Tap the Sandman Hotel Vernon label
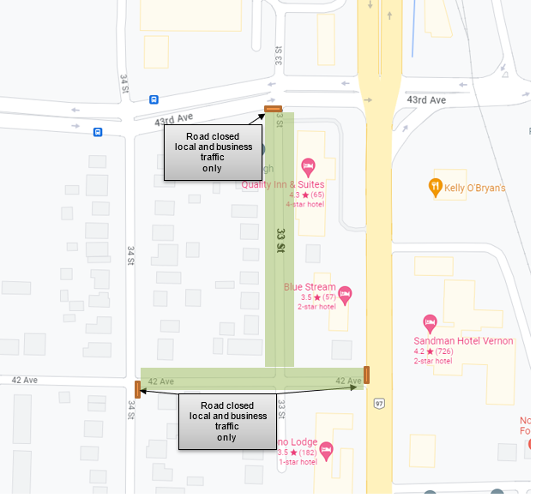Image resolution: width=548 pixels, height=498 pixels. [x=463, y=340]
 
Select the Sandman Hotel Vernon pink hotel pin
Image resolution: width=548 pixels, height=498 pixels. [x=431, y=323]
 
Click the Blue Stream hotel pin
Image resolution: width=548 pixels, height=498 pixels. [x=345, y=294]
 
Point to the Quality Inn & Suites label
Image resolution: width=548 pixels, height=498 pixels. [x=282, y=184]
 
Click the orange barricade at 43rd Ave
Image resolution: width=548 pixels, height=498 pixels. [x=273, y=109]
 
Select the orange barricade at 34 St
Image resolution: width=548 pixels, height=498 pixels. [x=137, y=389]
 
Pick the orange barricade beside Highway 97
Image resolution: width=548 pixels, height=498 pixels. [x=366, y=374]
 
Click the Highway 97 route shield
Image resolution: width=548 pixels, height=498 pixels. [x=379, y=403]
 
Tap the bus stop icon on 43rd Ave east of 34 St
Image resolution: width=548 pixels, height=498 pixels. [x=154, y=99]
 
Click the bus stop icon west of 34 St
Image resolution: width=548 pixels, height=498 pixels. [x=98, y=132]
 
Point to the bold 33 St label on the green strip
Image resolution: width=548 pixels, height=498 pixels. [x=280, y=240]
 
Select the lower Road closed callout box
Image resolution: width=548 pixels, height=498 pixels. [x=227, y=421]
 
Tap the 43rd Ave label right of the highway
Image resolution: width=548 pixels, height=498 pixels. [x=426, y=100]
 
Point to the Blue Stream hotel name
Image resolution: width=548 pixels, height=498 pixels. [x=310, y=287]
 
